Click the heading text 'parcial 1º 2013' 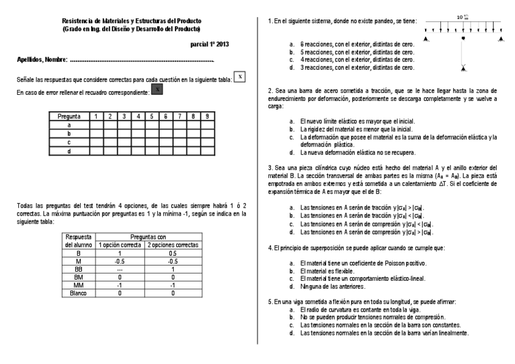pos(210,44)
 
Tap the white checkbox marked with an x pos(240,76)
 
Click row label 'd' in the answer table pos(69,150)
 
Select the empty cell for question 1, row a pos(96,125)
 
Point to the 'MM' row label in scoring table pos(78,284)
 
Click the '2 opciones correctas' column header pos(173,245)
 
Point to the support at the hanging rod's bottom pos(463,67)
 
